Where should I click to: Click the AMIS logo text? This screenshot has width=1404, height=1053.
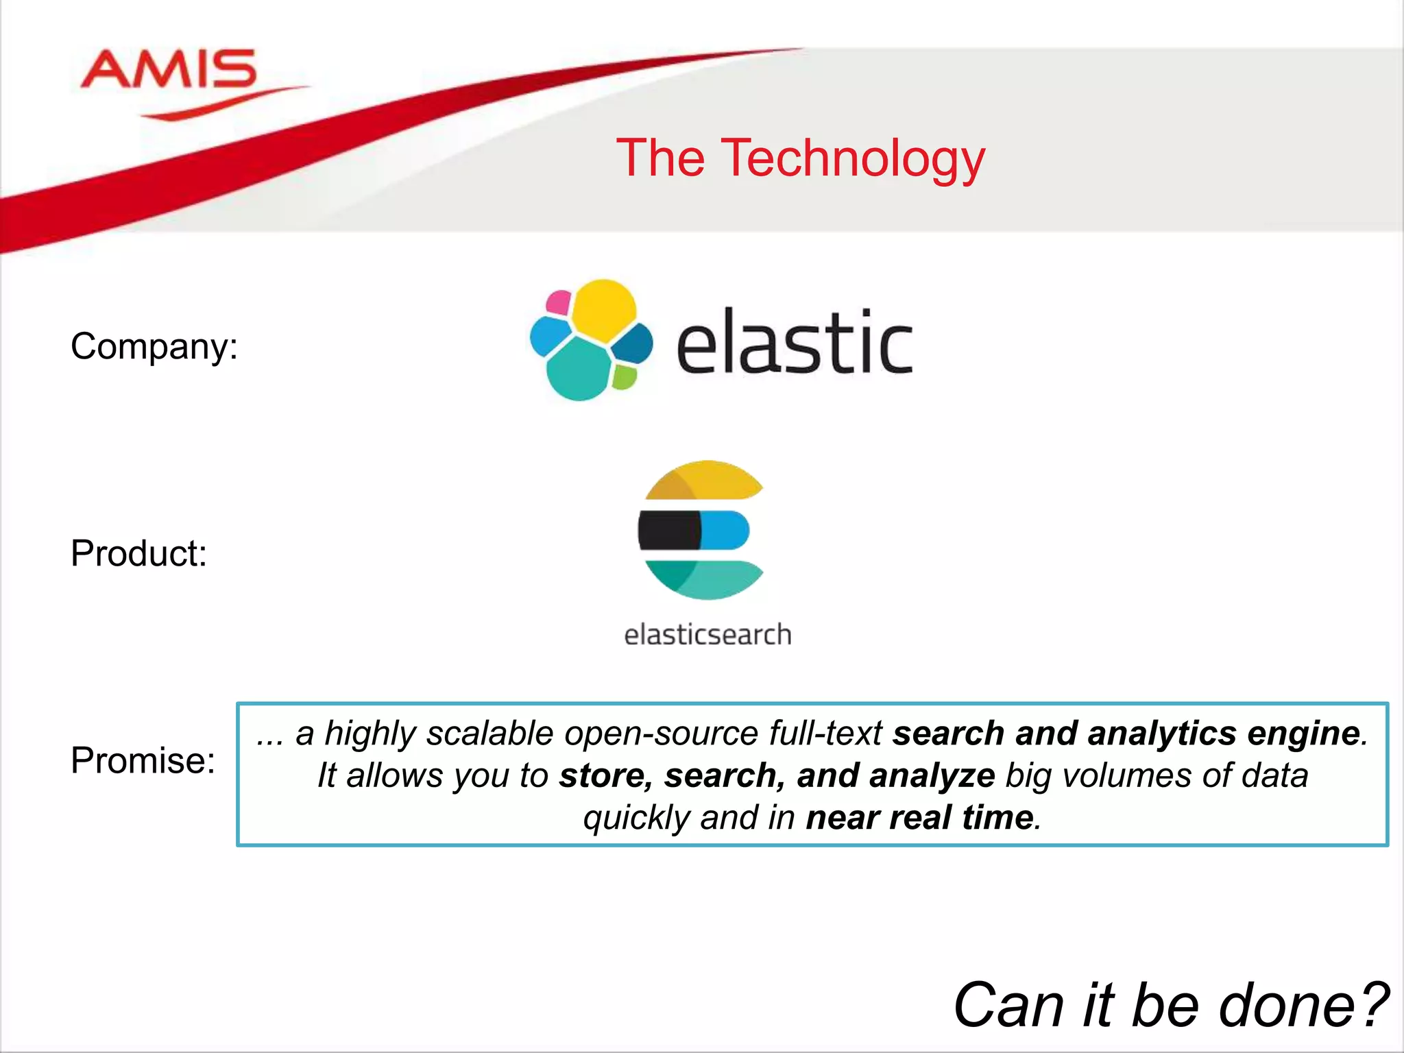[168, 70]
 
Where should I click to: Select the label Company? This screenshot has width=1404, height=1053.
[154, 346]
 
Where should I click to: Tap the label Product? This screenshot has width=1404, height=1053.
[138, 553]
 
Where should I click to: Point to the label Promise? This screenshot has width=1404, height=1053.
[143, 760]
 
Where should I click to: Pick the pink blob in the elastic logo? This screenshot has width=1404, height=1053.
[558, 302]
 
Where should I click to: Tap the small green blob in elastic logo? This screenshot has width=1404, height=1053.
[623, 376]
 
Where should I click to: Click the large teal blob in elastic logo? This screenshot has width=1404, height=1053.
[579, 371]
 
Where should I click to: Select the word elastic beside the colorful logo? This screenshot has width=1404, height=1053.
[795, 343]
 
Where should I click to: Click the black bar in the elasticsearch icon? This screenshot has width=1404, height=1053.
[668, 530]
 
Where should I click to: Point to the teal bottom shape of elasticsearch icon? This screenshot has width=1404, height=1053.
[706, 578]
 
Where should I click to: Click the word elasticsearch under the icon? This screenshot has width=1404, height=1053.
[707, 635]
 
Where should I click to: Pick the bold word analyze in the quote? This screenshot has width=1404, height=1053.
[932, 776]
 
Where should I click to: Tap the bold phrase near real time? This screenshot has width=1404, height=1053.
[919, 818]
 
